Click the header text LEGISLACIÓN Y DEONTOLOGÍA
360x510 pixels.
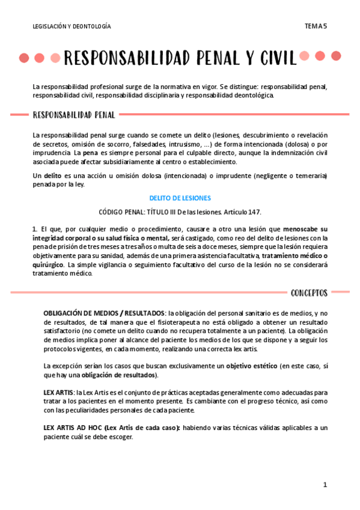tap(72, 26)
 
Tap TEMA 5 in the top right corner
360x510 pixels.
tap(316, 26)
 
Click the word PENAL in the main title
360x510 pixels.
tap(212, 58)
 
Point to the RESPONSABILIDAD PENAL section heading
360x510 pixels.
tap(75, 114)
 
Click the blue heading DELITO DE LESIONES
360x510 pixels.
tap(180, 198)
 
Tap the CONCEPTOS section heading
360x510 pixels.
tap(309, 293)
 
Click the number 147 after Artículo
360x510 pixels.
tap(255, 212)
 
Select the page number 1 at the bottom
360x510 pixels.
tap(325, 485)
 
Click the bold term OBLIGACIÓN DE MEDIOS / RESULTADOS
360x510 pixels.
tap(104, 314)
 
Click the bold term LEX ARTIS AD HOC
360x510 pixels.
tap(72, 428)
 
